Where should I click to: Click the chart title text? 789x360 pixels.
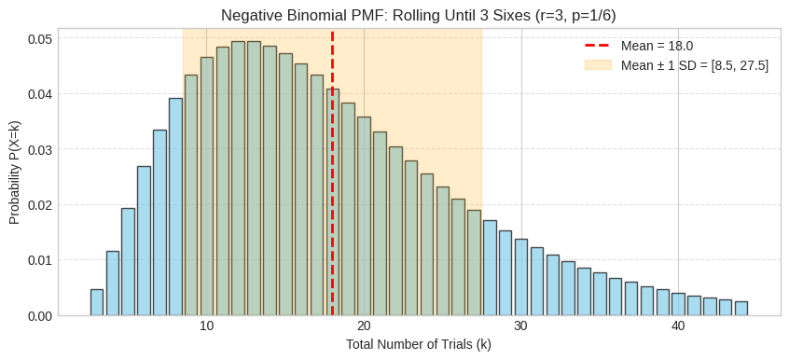[x=419, y=15]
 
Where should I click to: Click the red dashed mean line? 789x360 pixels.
[x=332, y=187]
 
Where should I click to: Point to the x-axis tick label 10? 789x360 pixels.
[x=207, y=326]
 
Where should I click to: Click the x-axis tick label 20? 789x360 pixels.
[x=364, y=326]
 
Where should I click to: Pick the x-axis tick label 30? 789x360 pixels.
[x=520, y=326]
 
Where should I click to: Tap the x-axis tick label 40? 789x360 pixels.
[x=678, y=326]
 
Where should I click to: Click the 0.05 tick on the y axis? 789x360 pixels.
[x=39, y=38]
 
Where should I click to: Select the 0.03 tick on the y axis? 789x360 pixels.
[x=39, y=149]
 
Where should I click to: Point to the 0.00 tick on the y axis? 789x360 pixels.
[x=39, y=315]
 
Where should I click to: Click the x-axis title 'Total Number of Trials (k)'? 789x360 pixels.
[x=419, y=344]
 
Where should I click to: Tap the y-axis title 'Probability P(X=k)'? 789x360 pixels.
[x=15, y=173]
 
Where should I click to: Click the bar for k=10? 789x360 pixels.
[x=207, y=187]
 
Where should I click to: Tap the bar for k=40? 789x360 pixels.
[x=678, y=304]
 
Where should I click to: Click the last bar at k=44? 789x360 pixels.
[x=741, y=309]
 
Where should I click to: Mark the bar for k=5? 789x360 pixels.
[x=129, y=262]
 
